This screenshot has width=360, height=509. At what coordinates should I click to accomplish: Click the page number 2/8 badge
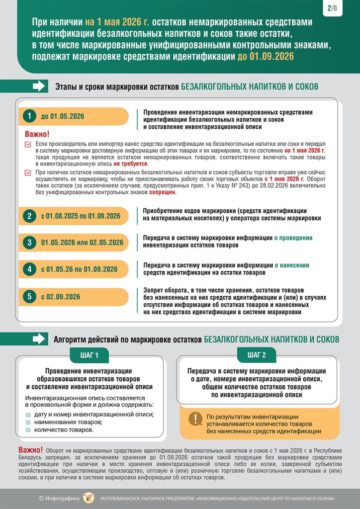332,8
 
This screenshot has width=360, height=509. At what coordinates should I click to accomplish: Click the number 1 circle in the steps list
30,116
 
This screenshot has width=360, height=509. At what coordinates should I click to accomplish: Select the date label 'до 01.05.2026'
63,116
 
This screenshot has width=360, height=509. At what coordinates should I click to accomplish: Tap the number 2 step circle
30,216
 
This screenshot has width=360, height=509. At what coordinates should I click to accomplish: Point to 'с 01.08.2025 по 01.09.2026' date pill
81,216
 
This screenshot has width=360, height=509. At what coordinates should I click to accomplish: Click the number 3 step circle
30,243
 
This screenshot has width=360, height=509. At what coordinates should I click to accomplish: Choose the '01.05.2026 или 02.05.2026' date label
82,243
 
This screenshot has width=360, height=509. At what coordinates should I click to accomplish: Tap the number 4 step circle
30,269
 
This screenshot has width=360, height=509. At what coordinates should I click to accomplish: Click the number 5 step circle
30,296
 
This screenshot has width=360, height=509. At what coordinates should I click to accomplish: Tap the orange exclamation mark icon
195,419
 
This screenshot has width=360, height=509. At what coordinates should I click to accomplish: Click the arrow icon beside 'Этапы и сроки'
39,86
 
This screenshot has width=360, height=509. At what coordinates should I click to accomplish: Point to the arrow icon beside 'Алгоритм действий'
39,339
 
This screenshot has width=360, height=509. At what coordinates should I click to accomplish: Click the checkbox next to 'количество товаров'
28,429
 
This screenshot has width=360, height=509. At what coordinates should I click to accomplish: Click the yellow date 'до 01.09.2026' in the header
266,56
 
